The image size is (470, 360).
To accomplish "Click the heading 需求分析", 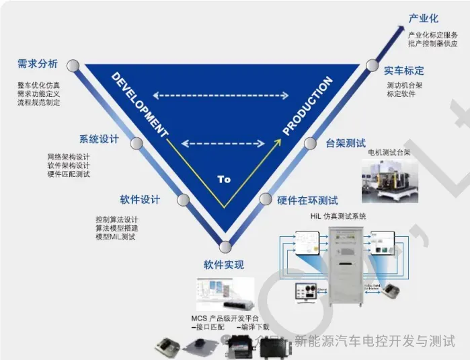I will pos(38,64).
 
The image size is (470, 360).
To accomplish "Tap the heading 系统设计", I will pos(99,139).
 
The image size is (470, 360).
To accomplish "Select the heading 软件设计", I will pos(140,199).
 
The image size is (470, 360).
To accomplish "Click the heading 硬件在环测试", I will pos(308,200).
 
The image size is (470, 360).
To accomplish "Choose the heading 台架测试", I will pos(346,143).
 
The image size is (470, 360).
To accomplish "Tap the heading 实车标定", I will pos(404,70).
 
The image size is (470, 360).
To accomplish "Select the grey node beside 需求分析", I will pos(73,65).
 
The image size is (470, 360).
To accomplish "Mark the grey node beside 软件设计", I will pos(182,200).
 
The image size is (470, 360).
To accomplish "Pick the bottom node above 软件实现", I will pos(225,246).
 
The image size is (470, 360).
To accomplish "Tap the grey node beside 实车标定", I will pos(373,65).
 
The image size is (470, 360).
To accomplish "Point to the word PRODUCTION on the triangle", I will pos(307,106).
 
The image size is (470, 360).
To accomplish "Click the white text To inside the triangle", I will pos(224,179).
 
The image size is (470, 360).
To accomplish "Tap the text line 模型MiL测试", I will pos(116,237).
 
